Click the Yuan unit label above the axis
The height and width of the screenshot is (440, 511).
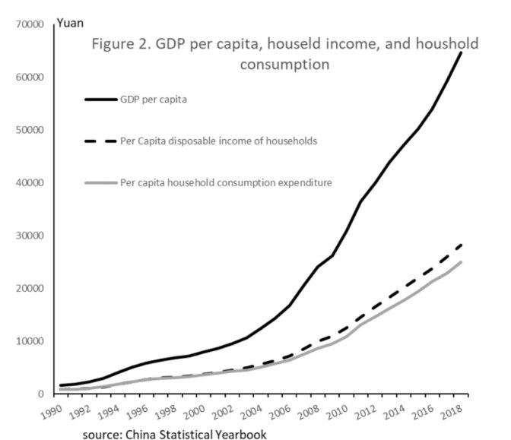71,12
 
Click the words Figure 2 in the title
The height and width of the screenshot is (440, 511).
119,43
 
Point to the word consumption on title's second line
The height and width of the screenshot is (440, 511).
284,65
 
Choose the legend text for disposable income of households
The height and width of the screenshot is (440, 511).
219,141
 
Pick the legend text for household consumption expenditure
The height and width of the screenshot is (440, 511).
225,182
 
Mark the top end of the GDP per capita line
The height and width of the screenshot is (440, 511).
462,52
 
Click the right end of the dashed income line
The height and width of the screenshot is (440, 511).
462,244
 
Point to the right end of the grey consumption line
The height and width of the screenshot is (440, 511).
462,262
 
